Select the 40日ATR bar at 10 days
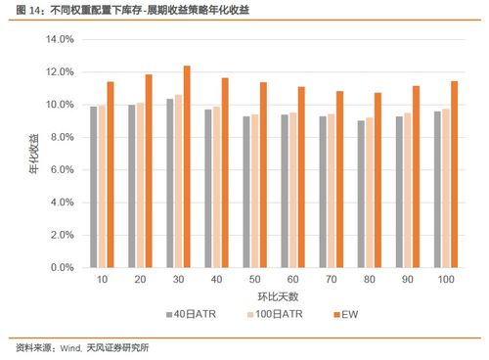pos(94,187)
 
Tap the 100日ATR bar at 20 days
pos(140,185)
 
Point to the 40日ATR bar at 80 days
pos(361,194)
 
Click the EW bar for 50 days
pos(263,175)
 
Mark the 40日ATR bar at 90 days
pos(399,192)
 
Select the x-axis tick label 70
pos(333,280)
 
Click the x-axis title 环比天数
pos(274,296)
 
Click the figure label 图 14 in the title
pos(21,9)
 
